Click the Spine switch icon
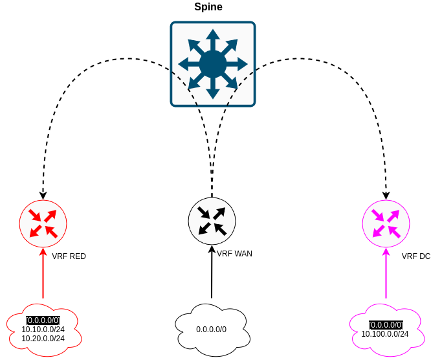[213, 64]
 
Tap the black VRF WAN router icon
[212, 221]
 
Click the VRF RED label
[69, 256]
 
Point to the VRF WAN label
[234, 254]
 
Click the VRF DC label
[415, 256]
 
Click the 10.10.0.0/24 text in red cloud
[43, 329]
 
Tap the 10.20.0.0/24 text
[43, 338]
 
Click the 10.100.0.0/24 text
[386, 334]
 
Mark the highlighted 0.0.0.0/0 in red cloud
[43, 320]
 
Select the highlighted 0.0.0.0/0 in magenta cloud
[386, 325]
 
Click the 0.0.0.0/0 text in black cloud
[212, 330]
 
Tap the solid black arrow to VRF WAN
[212, 272]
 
